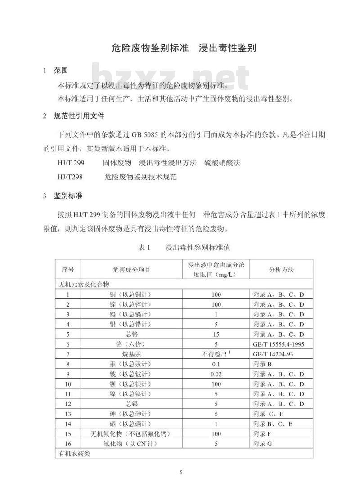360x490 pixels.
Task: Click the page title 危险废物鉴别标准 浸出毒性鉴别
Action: (184, 48)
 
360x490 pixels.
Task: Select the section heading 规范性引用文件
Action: (79, 116)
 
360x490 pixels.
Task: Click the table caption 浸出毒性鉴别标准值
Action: (198, 247)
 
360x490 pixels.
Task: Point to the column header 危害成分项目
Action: (131, 270)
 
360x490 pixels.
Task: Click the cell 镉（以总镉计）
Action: (131, 315)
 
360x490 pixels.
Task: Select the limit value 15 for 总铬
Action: (216, 334)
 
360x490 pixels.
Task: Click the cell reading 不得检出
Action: (214, 354)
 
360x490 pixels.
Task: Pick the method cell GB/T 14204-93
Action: (274, 354)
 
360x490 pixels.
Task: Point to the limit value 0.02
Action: (216, 374)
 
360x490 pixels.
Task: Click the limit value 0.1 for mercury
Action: (216, 364)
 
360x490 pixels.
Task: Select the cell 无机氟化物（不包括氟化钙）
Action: (131, 434)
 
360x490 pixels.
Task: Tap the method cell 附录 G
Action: (263, 444)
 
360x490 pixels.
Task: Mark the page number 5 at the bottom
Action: (181, 472)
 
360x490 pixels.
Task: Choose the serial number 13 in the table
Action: (68, 414)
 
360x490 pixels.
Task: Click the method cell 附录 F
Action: (262, 434)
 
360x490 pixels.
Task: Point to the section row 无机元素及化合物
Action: (84, 285)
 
